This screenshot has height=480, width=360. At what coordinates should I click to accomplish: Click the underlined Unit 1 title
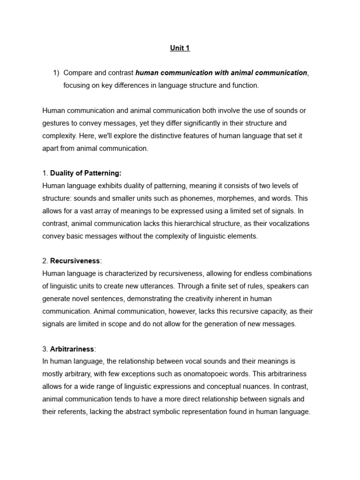click(180, 48)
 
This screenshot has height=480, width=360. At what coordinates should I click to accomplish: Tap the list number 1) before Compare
click(56, 73)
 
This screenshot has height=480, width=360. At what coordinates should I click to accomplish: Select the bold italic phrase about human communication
click(221, 73)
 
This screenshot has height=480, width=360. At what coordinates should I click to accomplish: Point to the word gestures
click(58, 123)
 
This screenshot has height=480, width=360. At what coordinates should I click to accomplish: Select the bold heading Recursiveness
click(75, 261)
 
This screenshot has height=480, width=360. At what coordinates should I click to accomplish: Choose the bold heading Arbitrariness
click(72, 349)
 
